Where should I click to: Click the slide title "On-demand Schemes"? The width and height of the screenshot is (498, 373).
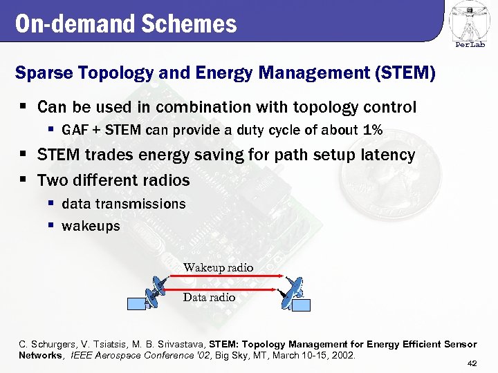point(125,24)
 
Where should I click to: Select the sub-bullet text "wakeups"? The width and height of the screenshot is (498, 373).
point(91,226)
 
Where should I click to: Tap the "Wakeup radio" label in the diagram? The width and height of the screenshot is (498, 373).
point(218,267)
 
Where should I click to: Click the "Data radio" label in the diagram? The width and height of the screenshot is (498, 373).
point(209,298)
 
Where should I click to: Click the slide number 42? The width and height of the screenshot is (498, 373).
point(472,364)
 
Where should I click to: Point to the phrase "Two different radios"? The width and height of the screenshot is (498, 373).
point(113,181)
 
